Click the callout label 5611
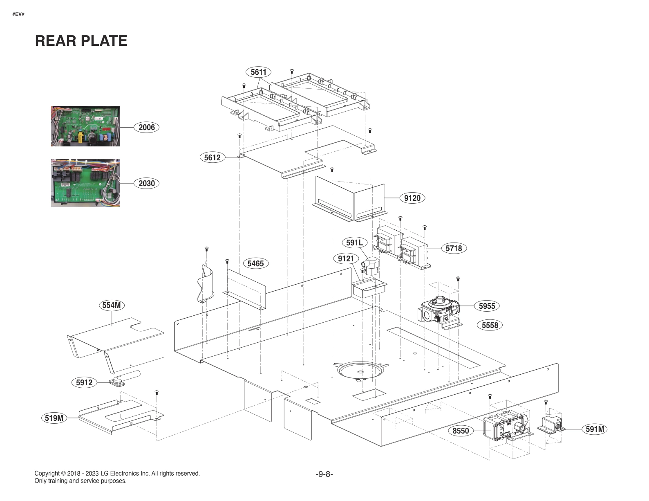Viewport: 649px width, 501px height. click(x=258, y=72)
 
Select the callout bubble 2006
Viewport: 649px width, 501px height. click(x=146, y=127)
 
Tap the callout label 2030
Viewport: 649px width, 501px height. click(x=146, y=183)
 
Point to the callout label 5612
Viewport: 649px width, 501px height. click(x=212, y=157)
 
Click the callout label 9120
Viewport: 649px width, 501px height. click(x=412, y=198)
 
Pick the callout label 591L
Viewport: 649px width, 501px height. click(x=354, y=243)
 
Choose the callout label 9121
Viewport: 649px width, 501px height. click(x=346, y=259)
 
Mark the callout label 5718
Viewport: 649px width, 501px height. click(x=454, y=248)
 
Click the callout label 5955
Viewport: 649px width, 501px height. click(x=487, y=306)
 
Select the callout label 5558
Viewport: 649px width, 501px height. click(x=490, y=325)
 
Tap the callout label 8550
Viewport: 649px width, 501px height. click(x=461, y=431)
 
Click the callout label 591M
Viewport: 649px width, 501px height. click(x=595, y=429)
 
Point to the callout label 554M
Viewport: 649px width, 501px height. click(x=112, y=305)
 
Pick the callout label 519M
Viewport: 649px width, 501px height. click(x=54, y=418)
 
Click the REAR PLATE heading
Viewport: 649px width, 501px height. click(x=81, y=41)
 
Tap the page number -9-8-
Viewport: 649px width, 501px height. click(x=324, y=474)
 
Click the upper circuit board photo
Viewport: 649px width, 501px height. click(x=85, y=126)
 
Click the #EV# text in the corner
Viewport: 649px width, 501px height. click(x=18, y=14)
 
